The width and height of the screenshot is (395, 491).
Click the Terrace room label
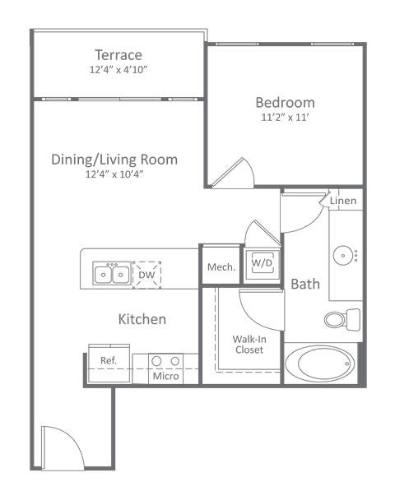118,55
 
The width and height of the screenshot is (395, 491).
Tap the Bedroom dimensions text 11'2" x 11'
285,118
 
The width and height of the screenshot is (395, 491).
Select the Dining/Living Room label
114,160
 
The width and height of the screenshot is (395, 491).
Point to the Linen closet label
342,201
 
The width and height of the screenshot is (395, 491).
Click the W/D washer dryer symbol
262,263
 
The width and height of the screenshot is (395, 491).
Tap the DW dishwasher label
146,274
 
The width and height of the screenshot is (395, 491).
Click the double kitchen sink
110,273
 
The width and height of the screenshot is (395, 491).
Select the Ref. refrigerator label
107,360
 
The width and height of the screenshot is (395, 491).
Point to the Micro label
165,377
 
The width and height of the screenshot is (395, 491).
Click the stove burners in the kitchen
165,361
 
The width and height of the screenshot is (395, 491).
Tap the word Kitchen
142,319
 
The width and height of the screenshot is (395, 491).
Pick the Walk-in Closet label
248,344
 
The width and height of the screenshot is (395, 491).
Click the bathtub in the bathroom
320,363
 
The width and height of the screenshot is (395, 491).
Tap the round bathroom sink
345,255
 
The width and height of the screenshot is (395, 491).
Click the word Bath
305,285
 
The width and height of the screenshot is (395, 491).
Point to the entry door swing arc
63,448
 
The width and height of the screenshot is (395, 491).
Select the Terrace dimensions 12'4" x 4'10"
118,70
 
